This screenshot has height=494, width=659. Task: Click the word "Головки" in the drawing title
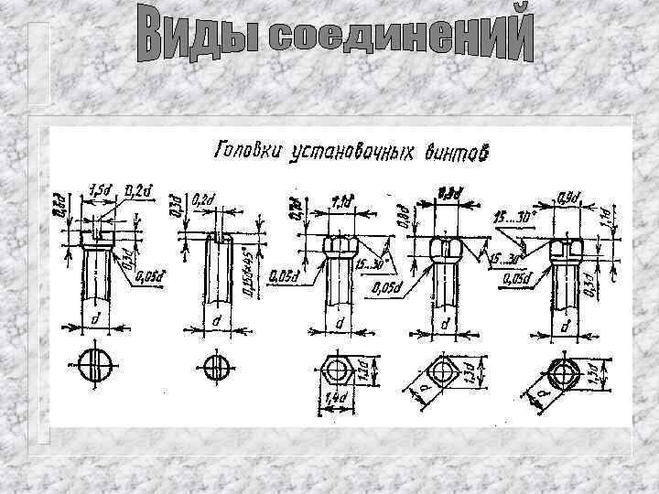[x=244, y=151]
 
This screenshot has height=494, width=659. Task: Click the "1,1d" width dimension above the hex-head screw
[x=342, y=199]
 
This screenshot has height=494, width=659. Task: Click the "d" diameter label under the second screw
[x=217, y=322]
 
